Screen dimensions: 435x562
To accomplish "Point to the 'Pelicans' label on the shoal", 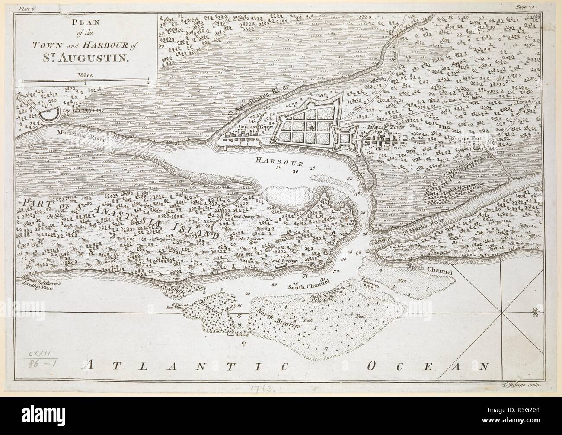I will pyautogui.click(x=322, y=298).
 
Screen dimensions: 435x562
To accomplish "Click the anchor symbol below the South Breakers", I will pyautogui.click(x=243, y=343).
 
